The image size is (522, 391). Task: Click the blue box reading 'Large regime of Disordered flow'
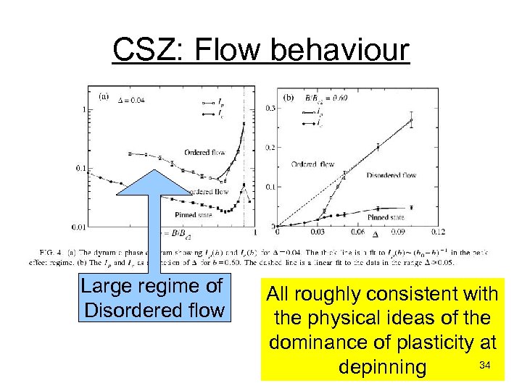(154, 298)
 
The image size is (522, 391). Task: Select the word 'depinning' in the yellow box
(382, 367)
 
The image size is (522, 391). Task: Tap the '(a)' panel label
(104, 95)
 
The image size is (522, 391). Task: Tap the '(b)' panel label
(289, 95)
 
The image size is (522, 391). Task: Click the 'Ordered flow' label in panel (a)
(205, 152)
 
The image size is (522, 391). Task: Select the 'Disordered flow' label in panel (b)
(391, 175)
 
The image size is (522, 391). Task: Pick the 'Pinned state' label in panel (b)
(386, 216)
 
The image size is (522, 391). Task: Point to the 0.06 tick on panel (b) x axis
(357, 232)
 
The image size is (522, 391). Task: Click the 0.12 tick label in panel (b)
(437, 232)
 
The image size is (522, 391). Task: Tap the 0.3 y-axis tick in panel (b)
(270, 108)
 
